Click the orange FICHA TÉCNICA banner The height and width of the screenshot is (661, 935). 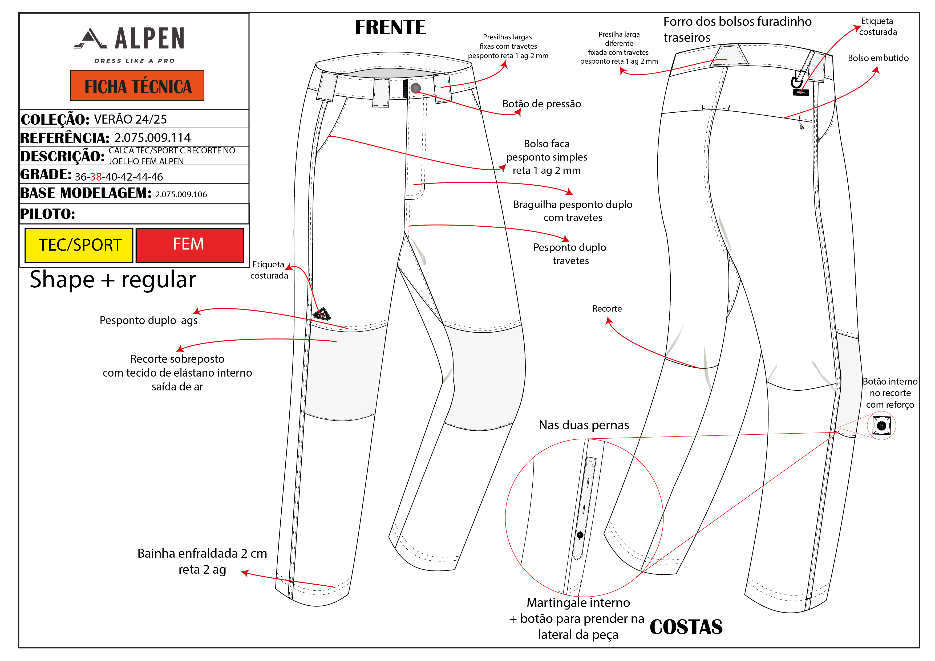click(137, 85)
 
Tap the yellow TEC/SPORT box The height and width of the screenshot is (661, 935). click(79, 245)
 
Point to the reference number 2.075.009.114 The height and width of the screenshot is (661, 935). click(152, 138)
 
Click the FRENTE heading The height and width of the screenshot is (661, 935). click(390, 27)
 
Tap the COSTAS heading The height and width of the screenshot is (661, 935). click(686, 627)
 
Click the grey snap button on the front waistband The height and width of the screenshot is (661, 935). click(415, 88)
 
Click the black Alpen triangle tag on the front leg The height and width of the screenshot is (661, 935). click(322, 314)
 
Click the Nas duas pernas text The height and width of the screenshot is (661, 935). click(584, 425)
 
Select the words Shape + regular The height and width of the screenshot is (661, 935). click(113, 280)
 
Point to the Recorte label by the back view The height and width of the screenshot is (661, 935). click(607, 308)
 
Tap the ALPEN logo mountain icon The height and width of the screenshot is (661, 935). click(91, 39)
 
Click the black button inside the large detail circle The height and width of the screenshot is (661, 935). click(580, 535)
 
